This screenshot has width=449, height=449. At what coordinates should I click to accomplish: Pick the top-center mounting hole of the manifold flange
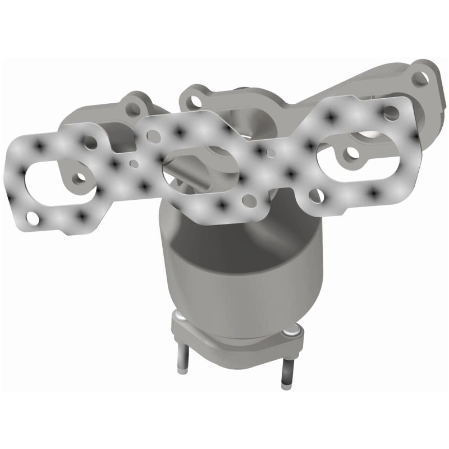tap(195, 101)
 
